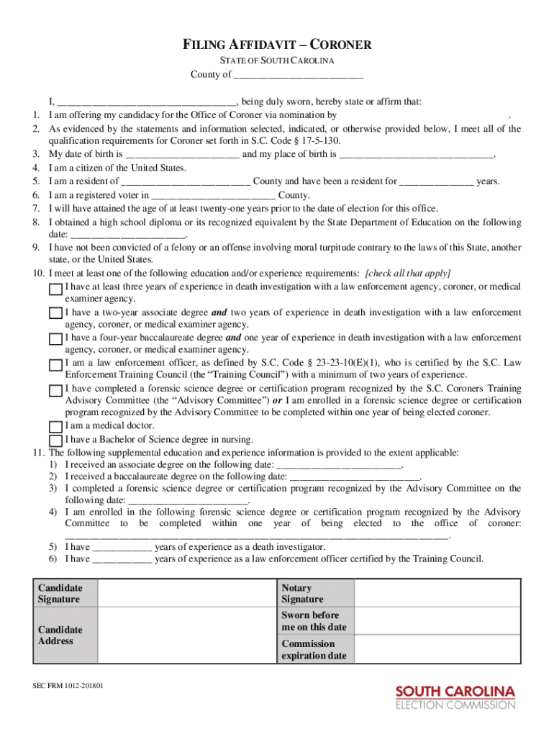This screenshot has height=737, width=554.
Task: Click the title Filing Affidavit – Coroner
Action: (x=277, y=45)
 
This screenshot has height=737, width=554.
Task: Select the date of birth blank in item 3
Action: (x=182, y=155)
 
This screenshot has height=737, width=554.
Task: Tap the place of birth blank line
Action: (x=416, y=155)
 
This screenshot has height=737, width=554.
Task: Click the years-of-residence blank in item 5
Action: (x=436, y=182)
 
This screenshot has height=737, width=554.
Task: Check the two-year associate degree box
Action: (x=55, y=314)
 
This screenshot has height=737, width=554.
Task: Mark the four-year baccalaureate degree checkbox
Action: (x=55, y=339)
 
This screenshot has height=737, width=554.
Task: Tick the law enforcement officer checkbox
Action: (x=55, y=365)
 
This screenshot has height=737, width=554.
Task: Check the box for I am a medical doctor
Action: (x=55, y=428)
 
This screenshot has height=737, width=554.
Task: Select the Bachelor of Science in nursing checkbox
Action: (x=55, y=440)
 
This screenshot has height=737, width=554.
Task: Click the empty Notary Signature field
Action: (x=437, y=594)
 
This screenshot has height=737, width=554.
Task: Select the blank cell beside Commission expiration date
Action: (x=437, y=650)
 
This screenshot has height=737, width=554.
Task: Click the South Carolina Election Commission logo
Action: (x=455, y=697)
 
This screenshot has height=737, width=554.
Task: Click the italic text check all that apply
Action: (x=408, y=273)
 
